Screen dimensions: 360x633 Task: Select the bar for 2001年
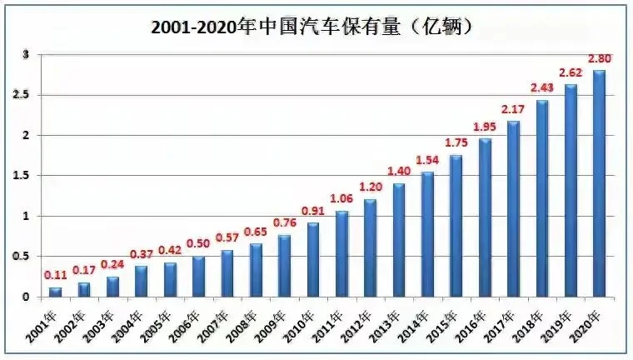[x=56, y=292]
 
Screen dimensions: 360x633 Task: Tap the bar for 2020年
[x=599, y=183]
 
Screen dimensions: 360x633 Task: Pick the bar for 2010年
[x=313, y=259]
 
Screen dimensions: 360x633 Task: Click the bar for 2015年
[x=456, y=226]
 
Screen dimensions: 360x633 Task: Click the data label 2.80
[x=601, y=58]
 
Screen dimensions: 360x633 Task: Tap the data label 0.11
[x=56, y=274]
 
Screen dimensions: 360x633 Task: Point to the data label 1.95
[x=486, y=126]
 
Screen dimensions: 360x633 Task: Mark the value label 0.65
[x=257, y=230]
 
